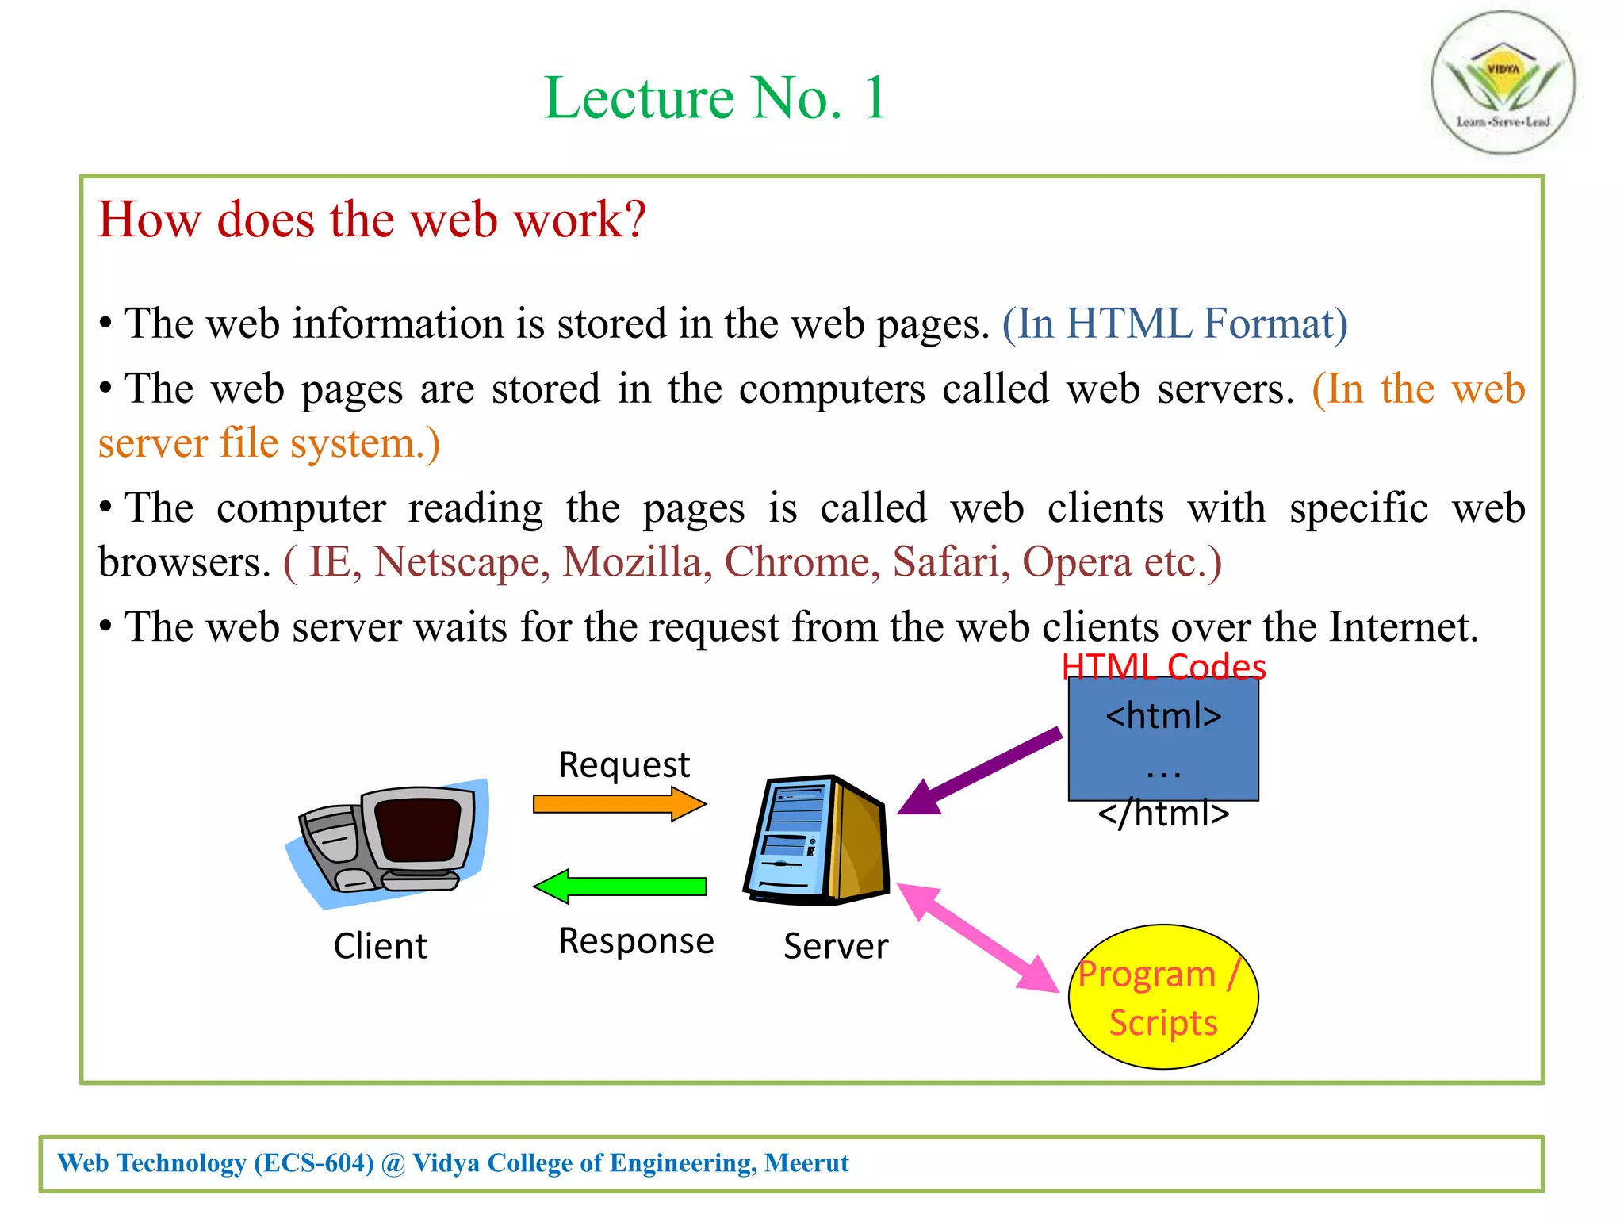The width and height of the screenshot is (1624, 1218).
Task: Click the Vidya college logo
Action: click(1503, 82)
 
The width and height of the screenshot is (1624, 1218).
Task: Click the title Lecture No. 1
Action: click(714, 98)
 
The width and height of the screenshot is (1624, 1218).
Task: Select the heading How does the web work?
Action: click(372, 220)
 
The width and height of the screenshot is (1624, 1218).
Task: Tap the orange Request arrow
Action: click(619, 804)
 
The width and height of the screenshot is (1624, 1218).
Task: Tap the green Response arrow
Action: click(619, 886)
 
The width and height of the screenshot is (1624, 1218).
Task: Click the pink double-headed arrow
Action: click(979, 937)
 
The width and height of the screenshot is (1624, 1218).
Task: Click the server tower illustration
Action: click(817, 841)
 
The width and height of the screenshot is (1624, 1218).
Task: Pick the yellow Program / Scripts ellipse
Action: click(1162, 997)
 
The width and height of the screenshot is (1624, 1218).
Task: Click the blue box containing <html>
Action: click(1162, 738)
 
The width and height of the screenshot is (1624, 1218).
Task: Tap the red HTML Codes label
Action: click(1163, 667)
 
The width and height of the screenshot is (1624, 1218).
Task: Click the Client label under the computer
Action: click(380, 946)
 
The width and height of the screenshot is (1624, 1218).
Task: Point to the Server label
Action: click(836, 946)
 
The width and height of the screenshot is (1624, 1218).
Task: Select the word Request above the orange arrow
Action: click(624, 765)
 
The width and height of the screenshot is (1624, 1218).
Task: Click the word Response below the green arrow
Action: click(636, 941)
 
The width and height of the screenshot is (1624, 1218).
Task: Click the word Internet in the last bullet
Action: click(1403, 627)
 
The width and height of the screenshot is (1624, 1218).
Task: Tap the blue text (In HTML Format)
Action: click(1174, 324)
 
